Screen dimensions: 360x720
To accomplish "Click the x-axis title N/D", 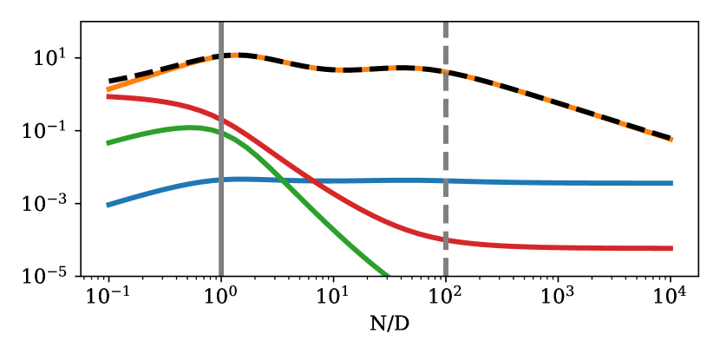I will pyautogui.click(x=389, y=331).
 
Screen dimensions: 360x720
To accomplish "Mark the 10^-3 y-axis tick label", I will pyautogui.click(x=54, y=204).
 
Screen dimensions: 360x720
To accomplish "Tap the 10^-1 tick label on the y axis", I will pyautogui.click(x=54, y=131).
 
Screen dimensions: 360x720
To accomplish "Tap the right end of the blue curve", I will pyautogui.click(x=672, y=183).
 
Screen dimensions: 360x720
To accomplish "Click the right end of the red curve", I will pyautogui.click(x=672, y=248).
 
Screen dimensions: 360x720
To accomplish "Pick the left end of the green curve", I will pyautogui.click(x=108, y=143).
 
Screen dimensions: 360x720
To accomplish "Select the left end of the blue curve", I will pyautogui.click(x=108, y=205).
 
